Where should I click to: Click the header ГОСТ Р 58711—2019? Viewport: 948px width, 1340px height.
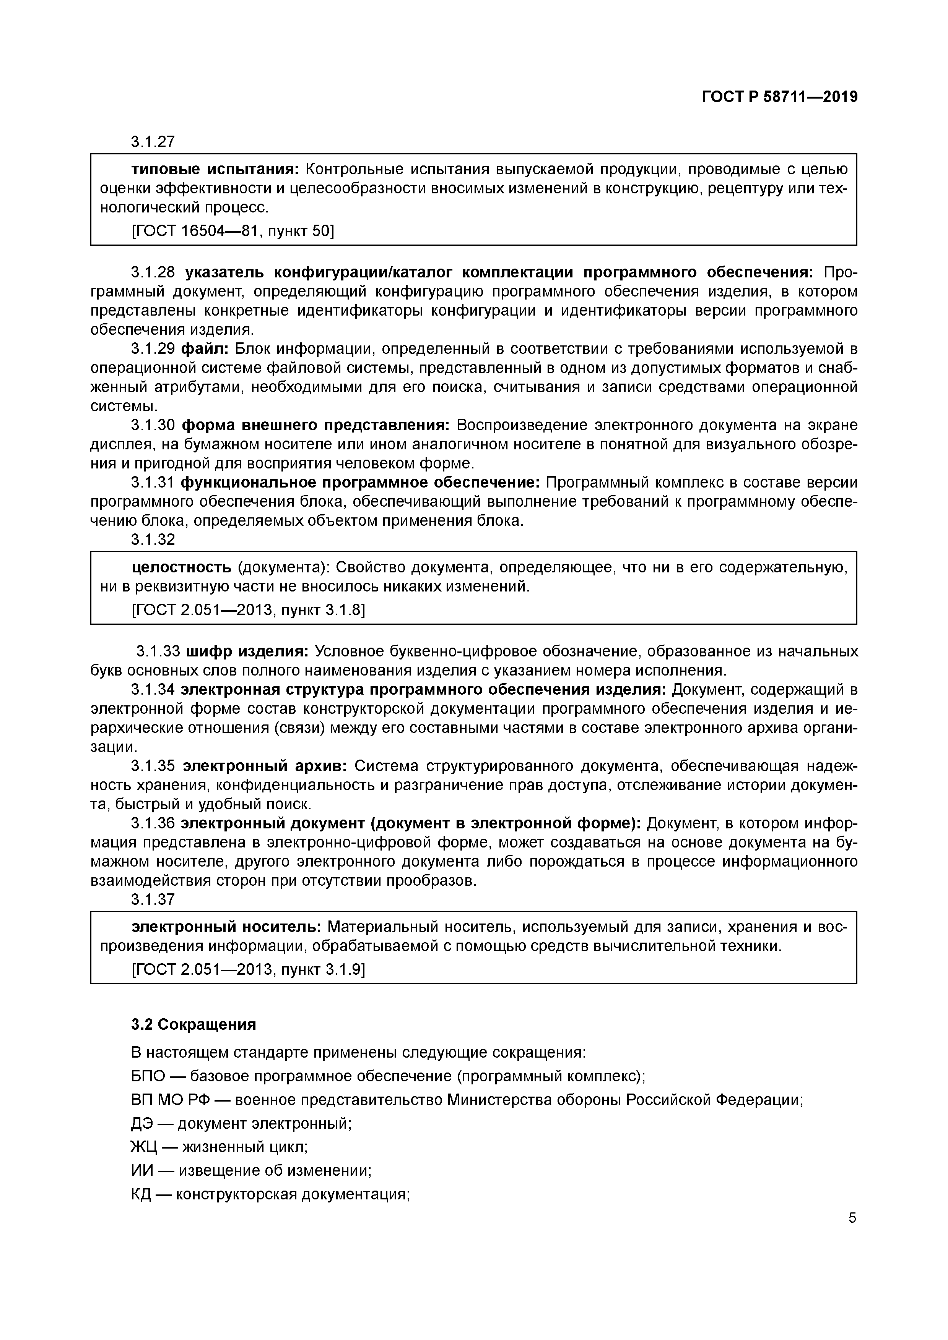click(x=779, y=97)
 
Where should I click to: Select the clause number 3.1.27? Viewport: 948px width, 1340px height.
click(x=153, y=142)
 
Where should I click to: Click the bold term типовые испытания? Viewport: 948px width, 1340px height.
click(x=215, y=169)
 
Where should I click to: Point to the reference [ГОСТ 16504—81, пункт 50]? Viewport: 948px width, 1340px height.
click(x=233, y=231)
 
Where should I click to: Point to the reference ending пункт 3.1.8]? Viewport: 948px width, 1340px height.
click(x=248, y=610)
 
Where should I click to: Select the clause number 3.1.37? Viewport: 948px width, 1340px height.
click(x=153, y=899)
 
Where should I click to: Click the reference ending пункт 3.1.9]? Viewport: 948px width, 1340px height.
click(x=248, y=969)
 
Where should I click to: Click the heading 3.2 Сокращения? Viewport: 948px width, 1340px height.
click(x=194, y=1024)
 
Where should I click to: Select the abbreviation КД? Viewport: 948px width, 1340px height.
click(x=141, y=1194)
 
